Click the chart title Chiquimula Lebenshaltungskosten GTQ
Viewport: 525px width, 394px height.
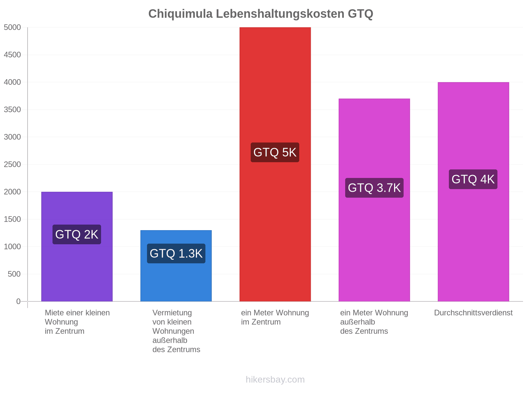tap(261, 14)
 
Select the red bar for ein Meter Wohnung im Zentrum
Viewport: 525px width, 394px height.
tap(275, 164)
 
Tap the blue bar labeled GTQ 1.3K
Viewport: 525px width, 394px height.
tap(176, 266)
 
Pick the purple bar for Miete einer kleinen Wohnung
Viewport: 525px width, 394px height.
tap(77, 246)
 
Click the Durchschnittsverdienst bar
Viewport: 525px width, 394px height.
tap(473, 192)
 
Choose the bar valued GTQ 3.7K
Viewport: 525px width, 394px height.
tap(374, 200)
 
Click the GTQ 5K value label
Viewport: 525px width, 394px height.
tap(275, 152)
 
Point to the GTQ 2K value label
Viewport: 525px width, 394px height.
tap(77, 234)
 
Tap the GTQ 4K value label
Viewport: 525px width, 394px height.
tap(473, 179)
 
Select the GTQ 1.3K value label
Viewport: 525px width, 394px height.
tap(176, 253)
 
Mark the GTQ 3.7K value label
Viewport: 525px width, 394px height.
tap(374, 188)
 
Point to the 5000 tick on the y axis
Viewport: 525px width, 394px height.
tap(12, 27)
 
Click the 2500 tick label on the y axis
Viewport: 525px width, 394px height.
tap(12, 164)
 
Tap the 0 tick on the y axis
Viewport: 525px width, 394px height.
tap(18, 301)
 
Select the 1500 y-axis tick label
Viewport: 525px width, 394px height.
tap(12, 219)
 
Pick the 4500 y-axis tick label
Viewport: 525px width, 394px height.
tap(12, 55)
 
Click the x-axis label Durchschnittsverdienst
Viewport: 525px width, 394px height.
tap(473, 313)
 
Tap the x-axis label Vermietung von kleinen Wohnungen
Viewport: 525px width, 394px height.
tap(176, 331)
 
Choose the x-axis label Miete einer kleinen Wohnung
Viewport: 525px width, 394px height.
tap(77, 322)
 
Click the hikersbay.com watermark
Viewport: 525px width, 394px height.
tap(275, 380)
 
